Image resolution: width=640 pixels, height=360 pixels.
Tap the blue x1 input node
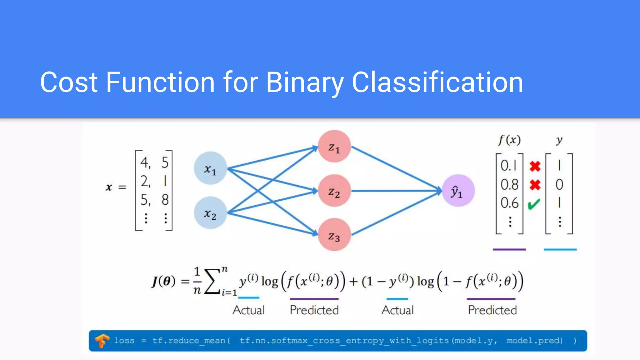[x=210, y=168]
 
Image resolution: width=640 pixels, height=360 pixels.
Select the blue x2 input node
[x=210, y=213]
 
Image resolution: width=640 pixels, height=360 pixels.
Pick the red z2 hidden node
[x=334, y=191]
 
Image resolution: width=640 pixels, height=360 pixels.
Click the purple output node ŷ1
[x=458, y=191]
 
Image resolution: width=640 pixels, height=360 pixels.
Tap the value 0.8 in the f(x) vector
[x=509, y=185]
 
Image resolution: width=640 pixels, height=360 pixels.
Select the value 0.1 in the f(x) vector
[x=509, y=166]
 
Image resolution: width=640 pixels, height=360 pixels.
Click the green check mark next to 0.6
[x=534, y=204]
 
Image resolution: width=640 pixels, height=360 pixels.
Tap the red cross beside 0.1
[x=535, y=166]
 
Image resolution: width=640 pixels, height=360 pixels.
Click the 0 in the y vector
[x=559, y=185]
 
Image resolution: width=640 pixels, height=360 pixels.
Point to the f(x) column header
[x=509, y=140]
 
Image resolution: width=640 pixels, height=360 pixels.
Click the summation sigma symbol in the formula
[x=212, y=281]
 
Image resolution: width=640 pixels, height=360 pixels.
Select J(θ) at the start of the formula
[x=163, y=281]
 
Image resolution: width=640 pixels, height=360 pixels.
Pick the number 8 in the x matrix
[x=165, y=200]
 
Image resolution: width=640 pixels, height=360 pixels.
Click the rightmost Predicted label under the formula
[x=492, y=310]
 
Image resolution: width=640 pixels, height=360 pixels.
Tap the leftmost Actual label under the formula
[x=249, y=310]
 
